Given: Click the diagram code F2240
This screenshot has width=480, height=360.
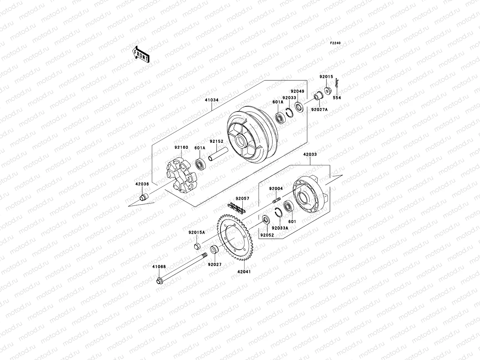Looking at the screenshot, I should point(335,43).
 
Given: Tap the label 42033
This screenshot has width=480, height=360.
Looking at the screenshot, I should point(310,154).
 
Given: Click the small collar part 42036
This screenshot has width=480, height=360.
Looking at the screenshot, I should point(145,197).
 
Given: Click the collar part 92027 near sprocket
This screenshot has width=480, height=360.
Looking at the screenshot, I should point(215,250).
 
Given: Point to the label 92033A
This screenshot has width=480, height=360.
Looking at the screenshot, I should point(282,227).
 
